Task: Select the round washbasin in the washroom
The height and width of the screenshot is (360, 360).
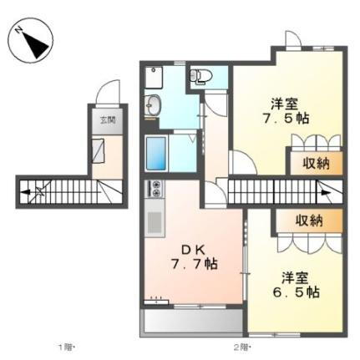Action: (155, 105)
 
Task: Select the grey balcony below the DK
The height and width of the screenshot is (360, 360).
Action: (193, 321)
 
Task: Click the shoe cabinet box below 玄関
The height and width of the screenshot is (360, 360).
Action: (99, 152)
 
